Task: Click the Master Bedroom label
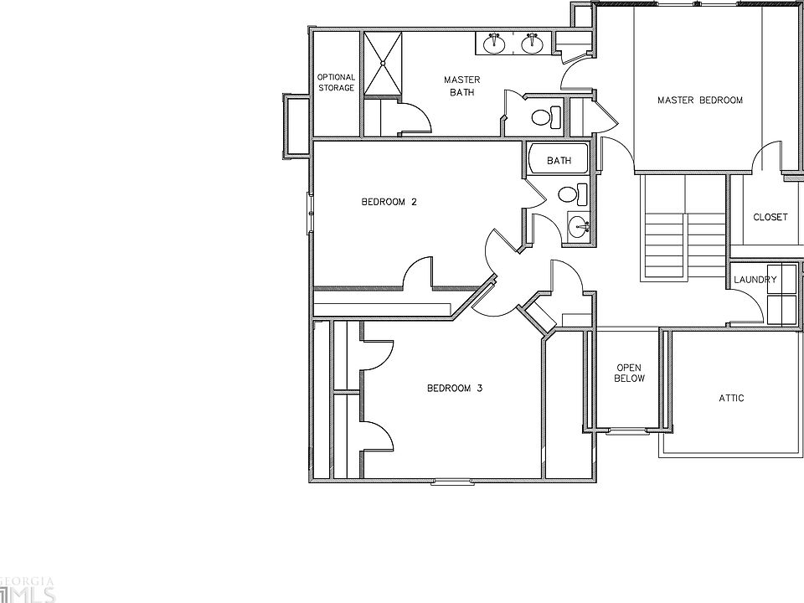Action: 699,100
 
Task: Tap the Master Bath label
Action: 461,86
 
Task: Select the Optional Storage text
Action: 336,82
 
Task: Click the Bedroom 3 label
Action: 455,388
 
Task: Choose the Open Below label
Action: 630,373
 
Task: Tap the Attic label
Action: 731,399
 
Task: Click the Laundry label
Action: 755,280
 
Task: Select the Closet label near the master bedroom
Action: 770,217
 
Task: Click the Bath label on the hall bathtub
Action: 559,160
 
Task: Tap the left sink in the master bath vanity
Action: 495,42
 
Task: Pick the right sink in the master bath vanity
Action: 531,43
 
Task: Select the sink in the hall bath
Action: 579,225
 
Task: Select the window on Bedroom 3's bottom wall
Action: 452,481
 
